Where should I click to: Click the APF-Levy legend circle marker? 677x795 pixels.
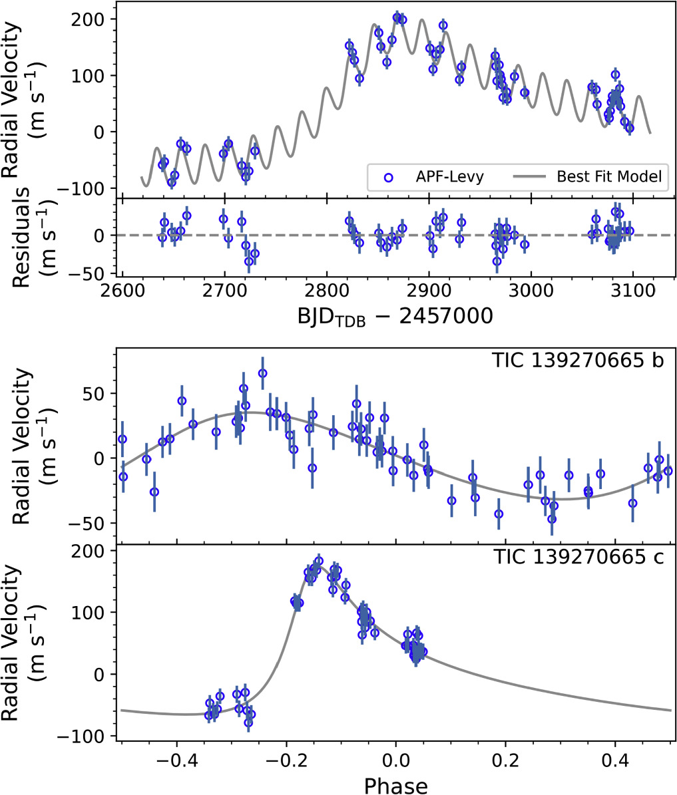tap(389, 177)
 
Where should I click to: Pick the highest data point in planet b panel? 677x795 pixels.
tap(263, 373)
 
